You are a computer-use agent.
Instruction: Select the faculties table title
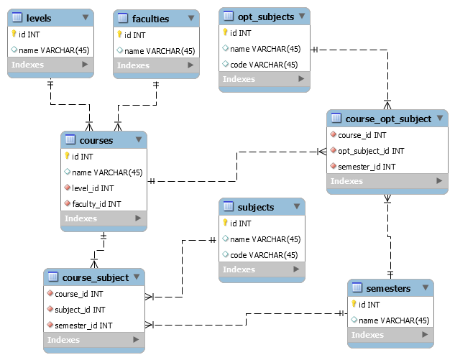click(150, 19)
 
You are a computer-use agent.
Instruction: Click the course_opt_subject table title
click(388, 119)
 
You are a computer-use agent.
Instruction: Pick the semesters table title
click(388, 288)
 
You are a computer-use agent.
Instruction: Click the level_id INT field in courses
click(93, 188)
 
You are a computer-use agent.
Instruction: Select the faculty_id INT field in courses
click(96, 204)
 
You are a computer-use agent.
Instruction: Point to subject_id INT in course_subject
click(80, 310)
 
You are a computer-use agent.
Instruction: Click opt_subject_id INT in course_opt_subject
click(371, 151)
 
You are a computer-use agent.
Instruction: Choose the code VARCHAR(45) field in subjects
click(264, 255)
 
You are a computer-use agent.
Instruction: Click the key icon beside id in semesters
click(354, 304)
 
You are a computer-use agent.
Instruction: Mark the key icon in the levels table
click(14, 34)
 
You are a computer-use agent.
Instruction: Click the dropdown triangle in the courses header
click(138, 139)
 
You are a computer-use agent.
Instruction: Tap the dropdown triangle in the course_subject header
click(137, 277)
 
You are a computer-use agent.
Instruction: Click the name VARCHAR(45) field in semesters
click(394, 320)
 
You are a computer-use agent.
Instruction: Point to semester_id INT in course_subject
click(83, 326)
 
